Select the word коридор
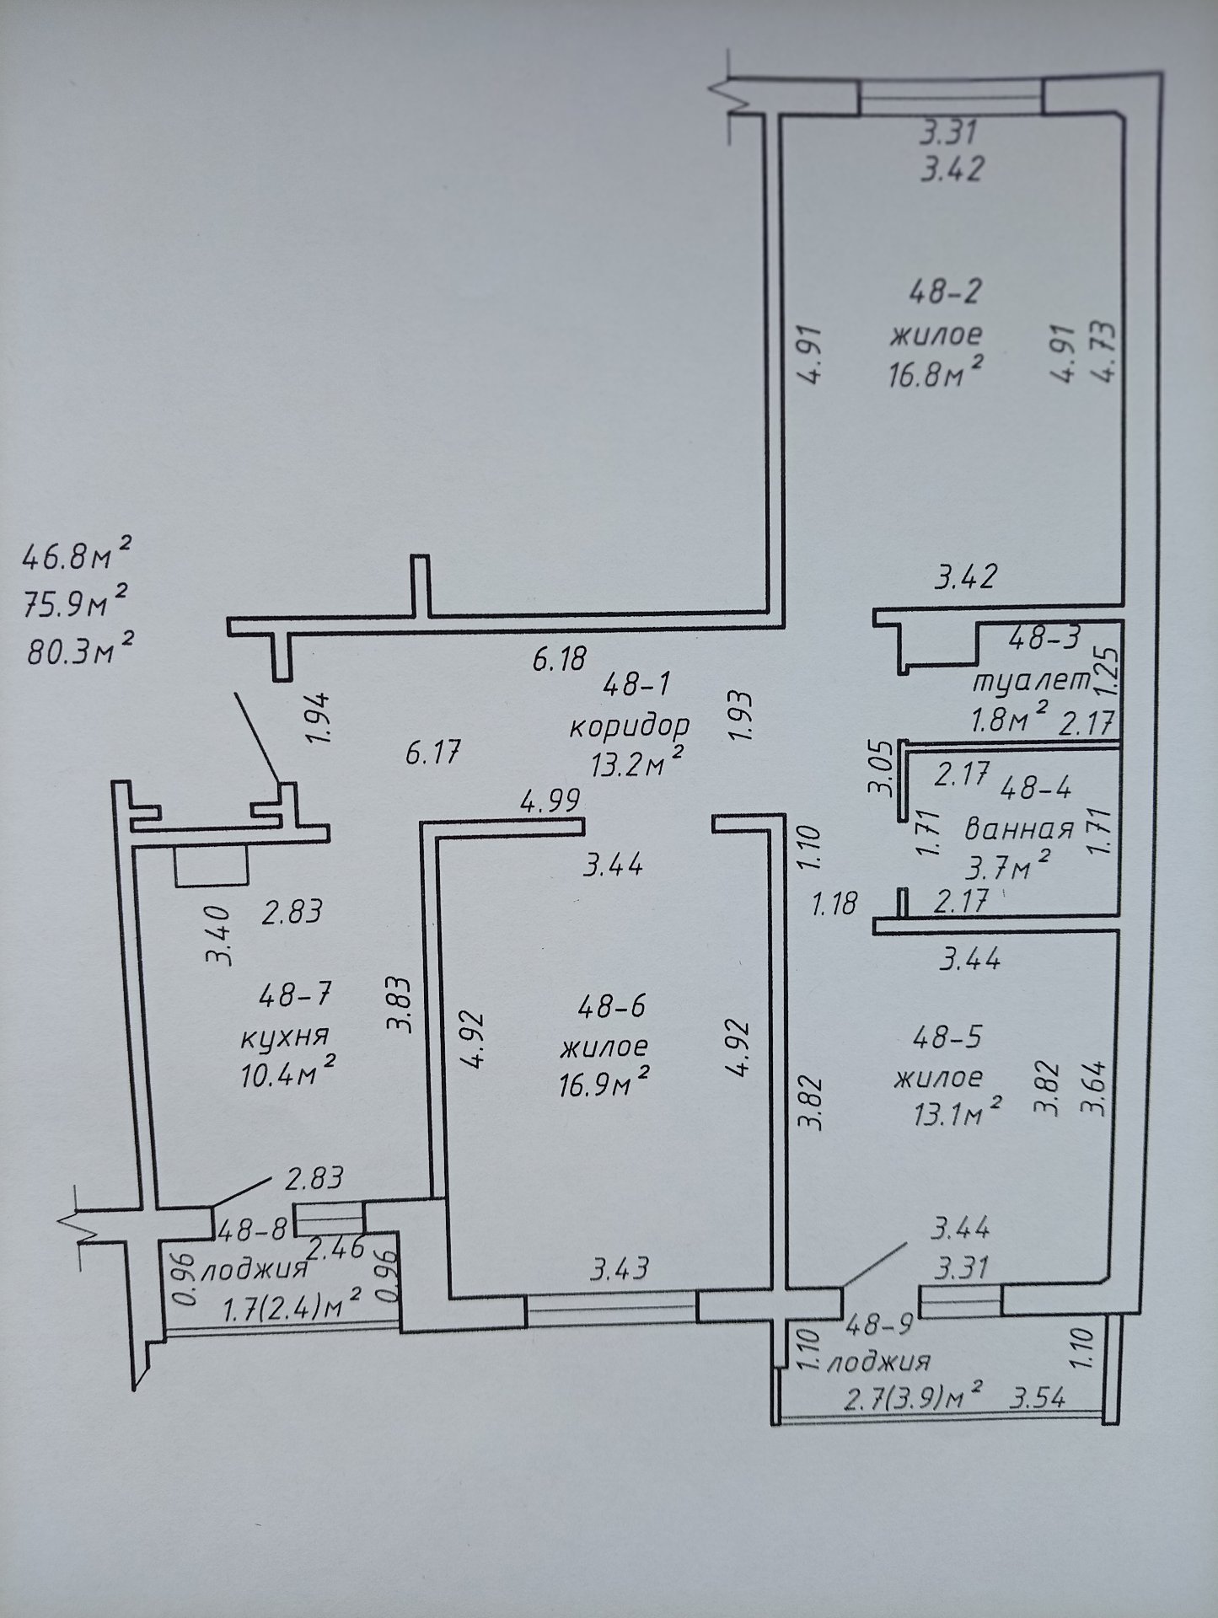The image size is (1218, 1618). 629,726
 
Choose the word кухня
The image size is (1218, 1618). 284,1036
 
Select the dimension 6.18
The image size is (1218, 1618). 559,657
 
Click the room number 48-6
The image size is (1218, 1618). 607,1005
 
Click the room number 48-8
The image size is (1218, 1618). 252,1231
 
